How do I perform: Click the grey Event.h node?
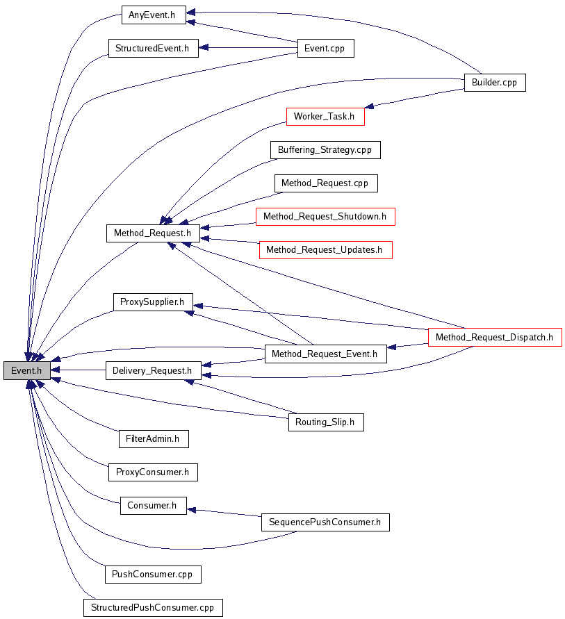coord(27,371)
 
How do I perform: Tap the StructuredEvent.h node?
coord(153,49)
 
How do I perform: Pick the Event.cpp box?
coord(325,49)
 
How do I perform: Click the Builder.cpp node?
coord(495,83)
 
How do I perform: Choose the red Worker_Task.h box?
coord(325,117)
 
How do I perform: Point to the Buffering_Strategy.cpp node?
coord(325,150)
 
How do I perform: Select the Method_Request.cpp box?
coord(325,183)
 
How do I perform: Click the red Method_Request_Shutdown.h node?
coord(325,217)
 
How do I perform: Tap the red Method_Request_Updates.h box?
coord(325,250)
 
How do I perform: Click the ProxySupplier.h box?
coord(153,302)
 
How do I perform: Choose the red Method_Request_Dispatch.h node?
coord(495,338)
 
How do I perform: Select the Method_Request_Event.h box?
coord(325,354)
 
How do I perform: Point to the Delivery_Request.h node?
coord(153,371)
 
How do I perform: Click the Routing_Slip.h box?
coord(325,422)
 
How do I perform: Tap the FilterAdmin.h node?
coord(153,439)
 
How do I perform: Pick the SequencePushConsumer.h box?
coord(325,522)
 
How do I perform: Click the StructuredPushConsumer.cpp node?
coord(153,608)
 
